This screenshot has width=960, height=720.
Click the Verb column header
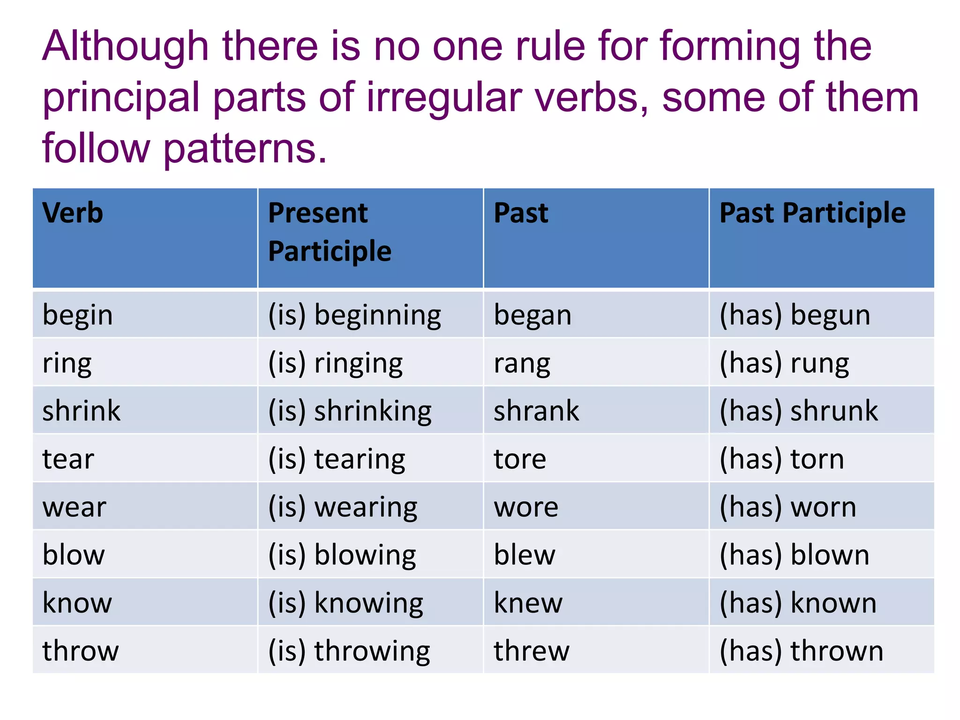click(73, 213)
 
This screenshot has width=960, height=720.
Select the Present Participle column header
click(330, 232)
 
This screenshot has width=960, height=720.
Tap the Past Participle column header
click(812, 213)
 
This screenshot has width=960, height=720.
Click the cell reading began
click(532, 315)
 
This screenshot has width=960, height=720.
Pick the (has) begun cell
click(795, 315)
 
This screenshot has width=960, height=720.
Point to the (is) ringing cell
click(335, 364)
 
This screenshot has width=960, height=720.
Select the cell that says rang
click(522, 364)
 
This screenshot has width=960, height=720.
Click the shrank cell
click(536, 411)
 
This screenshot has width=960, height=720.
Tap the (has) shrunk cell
click(799, 411)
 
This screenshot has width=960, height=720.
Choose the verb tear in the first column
click(68, 459)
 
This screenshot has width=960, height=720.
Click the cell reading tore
click(520, 459)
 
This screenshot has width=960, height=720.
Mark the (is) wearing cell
click(343, 508)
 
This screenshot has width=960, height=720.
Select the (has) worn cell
click(788, 508)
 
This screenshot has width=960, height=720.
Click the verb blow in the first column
click(74, 555)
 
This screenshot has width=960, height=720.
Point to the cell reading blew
click(525, 555)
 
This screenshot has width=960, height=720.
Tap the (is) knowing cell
click(345, 603)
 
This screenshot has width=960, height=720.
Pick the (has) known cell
click(798, 603)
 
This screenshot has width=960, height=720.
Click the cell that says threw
click(532, 651)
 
